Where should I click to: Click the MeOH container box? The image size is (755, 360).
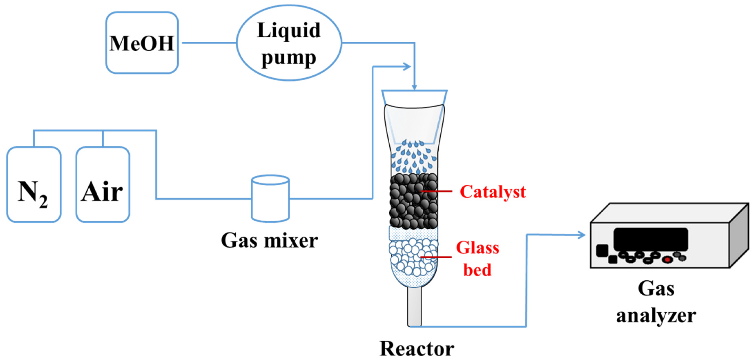tap(142, 43)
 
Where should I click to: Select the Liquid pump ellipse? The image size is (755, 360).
tap(289, 43)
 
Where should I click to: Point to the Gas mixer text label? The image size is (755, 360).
tap(269, 241)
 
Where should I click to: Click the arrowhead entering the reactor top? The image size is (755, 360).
tap(414, 87)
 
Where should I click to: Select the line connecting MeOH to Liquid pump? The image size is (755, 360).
tap(209, 43)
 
